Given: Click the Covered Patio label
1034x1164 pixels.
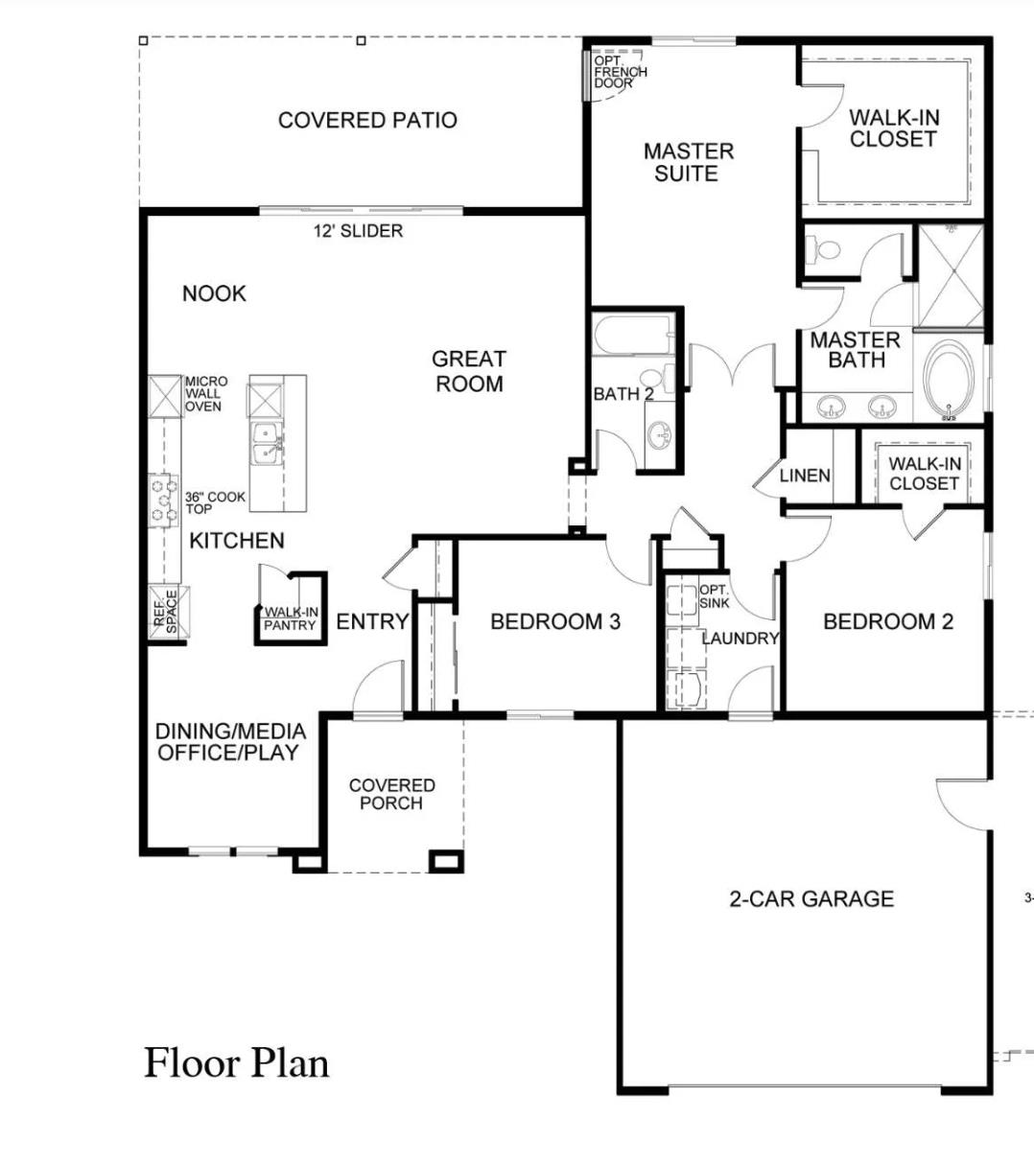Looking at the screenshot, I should pos(367,121).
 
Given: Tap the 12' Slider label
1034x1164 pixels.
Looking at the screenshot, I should pos(358,231).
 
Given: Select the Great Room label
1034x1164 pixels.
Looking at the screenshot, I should pos(468,371).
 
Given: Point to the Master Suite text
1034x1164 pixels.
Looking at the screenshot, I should pos(688,162).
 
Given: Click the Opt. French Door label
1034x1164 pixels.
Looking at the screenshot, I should pos(620,72).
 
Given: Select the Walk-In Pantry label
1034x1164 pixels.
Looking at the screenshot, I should pos(290,618).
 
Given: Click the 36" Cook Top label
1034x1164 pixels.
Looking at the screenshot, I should pos(215,502).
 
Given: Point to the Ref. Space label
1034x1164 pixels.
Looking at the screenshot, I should pos(166,611).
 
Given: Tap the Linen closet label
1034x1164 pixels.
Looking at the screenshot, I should pos(805,476).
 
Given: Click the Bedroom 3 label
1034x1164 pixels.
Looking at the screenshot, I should pos(554,621).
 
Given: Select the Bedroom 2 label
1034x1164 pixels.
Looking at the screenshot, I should pos(888,621).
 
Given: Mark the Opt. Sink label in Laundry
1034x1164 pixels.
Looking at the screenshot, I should pos(715,596).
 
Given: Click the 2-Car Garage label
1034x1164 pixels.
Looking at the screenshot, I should pos(811,898).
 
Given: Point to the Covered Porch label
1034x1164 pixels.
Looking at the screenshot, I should pos(391,794).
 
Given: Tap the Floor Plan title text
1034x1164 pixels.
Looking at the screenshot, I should pos(237,1062).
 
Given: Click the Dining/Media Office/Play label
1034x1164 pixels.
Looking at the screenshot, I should pos(230,742).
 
